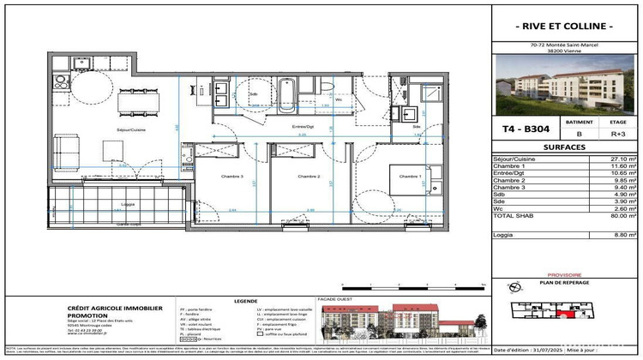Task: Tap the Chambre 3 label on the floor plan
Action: pyautogui.click(x=223, y=177)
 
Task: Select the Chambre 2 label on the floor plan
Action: pyautogui.click(x=308, y=177)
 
